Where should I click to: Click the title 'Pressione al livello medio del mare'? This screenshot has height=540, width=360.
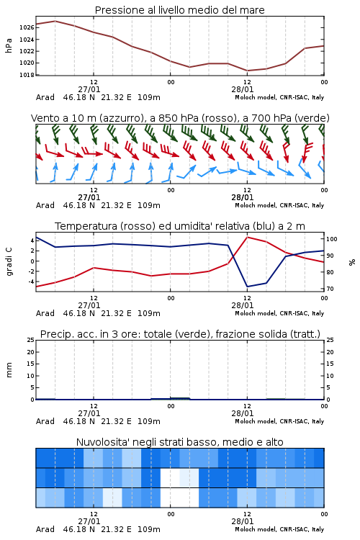coord(179,10)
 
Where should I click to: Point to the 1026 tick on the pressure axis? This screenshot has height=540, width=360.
coord(27,27)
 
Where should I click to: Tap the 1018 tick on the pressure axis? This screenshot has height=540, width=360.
coord(27,75)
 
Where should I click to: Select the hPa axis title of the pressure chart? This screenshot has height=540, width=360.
coord(9,45)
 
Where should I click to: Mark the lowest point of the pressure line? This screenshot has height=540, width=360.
coord(248,71)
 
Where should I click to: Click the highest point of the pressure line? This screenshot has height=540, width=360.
coord(55,21)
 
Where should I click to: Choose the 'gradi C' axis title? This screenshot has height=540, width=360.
coord(9,262)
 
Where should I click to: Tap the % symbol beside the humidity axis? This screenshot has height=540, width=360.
coord(352,262)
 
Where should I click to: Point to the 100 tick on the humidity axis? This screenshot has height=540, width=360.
coord(332,239)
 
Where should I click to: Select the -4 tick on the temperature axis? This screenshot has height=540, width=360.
coord(31,282)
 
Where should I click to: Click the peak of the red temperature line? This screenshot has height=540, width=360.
coord(248,237)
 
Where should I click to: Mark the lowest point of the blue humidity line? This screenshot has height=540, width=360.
coord(248,287)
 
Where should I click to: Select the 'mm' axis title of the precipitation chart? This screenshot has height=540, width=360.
coord(9,370)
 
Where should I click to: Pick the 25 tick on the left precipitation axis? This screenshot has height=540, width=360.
coord(31,340)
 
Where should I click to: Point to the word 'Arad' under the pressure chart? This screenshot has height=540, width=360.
coord(45,97)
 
